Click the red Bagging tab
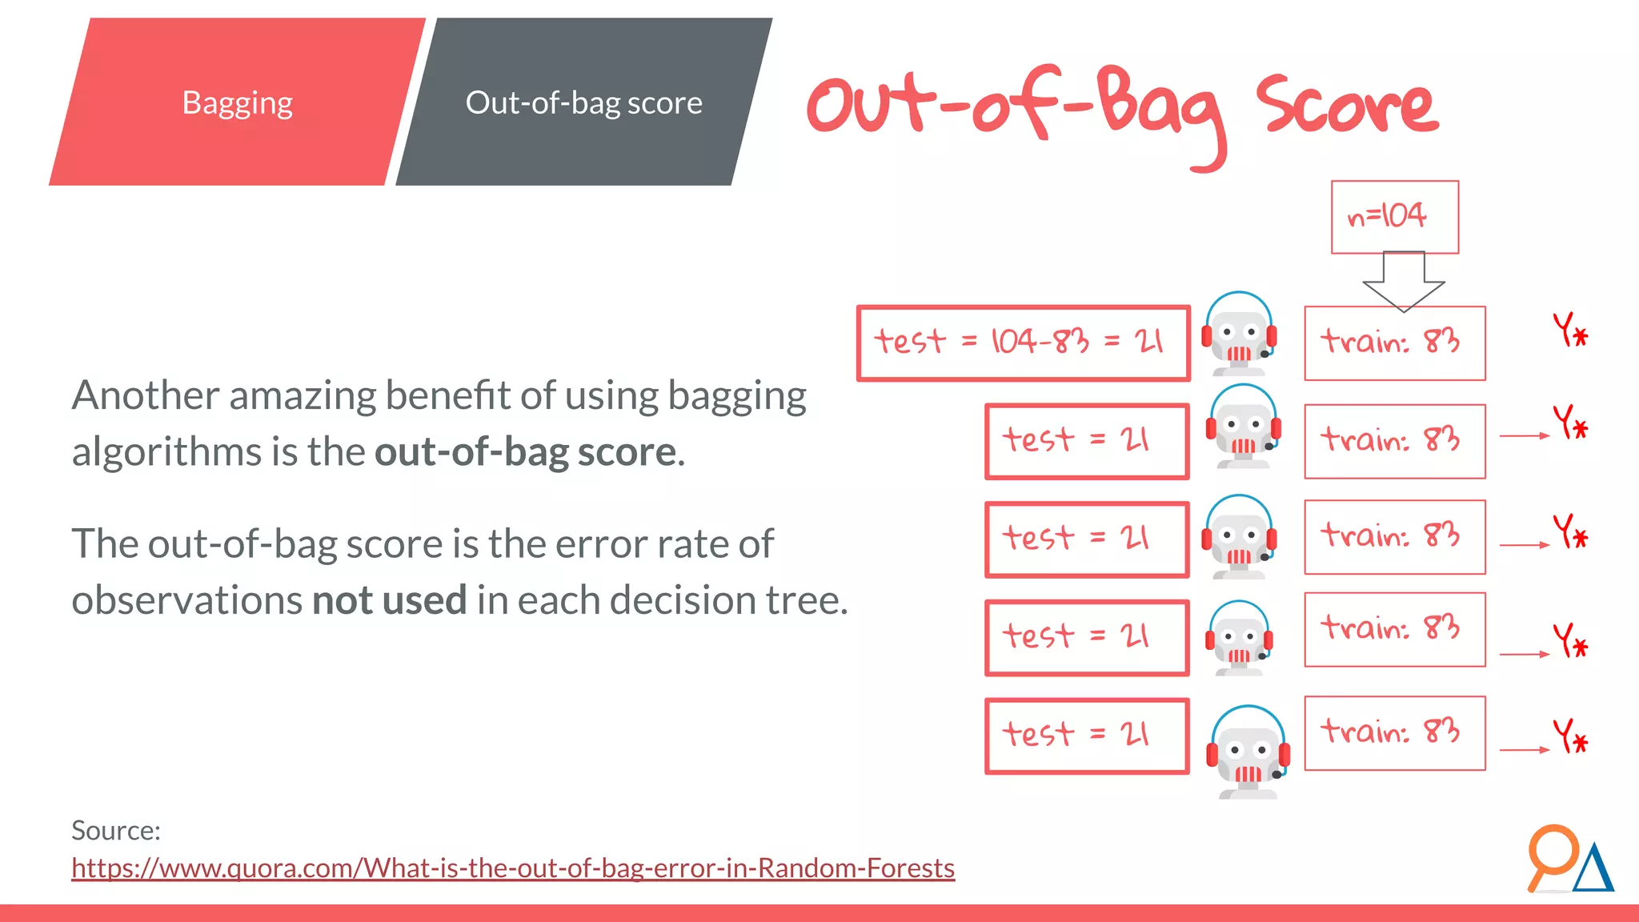point(237,102)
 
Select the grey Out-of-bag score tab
point(583,102)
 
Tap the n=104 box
point(1394,217)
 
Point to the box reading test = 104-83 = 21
point(1023,343)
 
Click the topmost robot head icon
point(1239,335)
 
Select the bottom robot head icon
point(1248,752)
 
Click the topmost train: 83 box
point(1394,343)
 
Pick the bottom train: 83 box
point(1394,733)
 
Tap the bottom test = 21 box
point(1086,736)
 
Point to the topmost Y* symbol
point(1570,330)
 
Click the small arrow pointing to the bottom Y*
point(1524,750)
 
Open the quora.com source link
point(512,868)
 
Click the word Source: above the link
point(116,831)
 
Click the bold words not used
point(389,600)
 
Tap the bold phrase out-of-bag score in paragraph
point(526,452)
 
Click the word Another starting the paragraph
point(145,395)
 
